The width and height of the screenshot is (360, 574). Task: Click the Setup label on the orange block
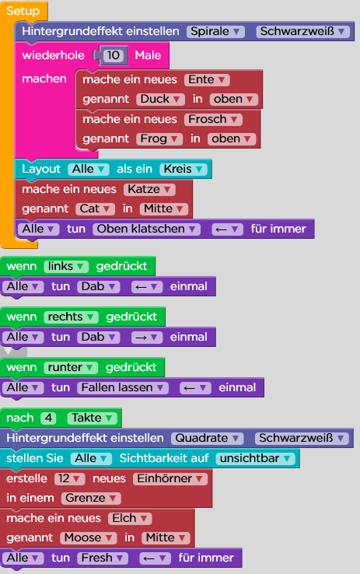[23, 11]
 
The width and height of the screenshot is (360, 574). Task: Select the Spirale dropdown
[215, 31]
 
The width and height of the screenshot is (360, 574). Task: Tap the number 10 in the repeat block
[114, 55]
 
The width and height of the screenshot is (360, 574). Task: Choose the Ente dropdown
[207, 80]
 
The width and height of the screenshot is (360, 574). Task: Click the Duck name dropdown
[160, 100]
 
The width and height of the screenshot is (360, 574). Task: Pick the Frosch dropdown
[213, 119]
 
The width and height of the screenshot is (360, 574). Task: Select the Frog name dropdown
[159, 138]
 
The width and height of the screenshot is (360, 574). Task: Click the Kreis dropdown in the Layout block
[183, 169]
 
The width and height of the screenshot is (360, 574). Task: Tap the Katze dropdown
[149, 189]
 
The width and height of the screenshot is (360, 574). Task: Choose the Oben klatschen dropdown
[146, 229]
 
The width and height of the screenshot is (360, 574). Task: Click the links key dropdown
[66, 266]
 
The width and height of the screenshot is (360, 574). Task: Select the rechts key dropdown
[71, 317]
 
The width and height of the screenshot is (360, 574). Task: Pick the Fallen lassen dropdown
[123, 387]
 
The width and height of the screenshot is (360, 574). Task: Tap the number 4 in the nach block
[48, 418]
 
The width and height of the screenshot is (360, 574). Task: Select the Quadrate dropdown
[207, 438]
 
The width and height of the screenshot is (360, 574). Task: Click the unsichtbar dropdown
[255, 458]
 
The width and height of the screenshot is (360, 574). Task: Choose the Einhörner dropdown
[170, 478]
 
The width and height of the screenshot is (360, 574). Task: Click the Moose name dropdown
[89, 537]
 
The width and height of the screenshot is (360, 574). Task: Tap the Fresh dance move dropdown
[103, 558]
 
